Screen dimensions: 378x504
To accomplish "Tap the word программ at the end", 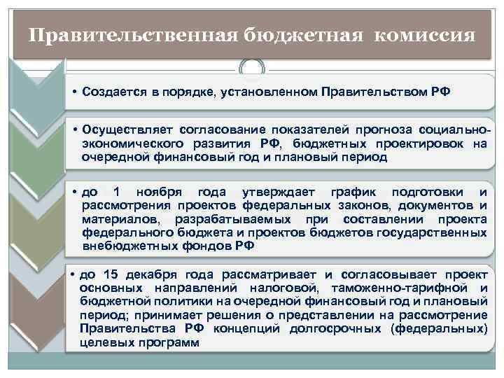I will click(x=171, y=342).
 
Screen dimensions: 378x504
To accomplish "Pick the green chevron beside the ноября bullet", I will click(x=36, y=217).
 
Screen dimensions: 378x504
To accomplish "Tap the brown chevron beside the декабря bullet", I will click(x=36, y=308).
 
